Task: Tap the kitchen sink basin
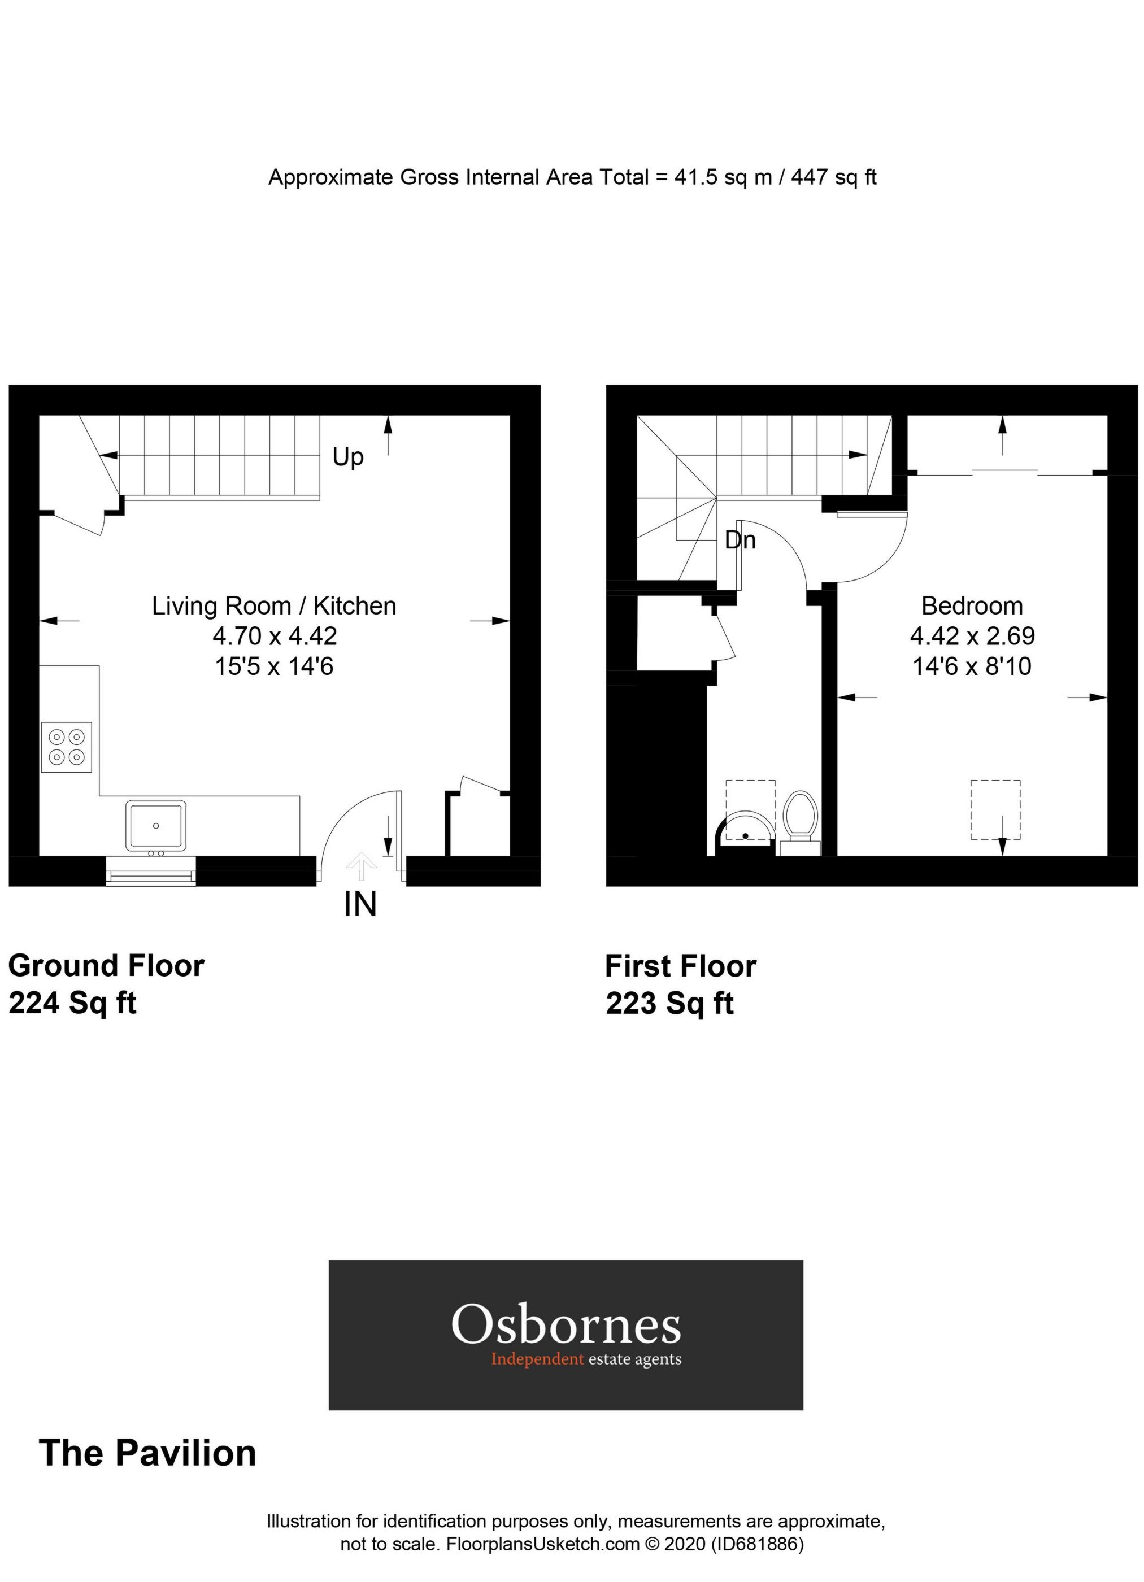coord(155,825)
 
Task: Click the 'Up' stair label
coord(347,457)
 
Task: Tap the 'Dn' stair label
coord(740,540)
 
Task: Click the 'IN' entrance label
coord(360,905)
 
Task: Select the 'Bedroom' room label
coord(972,605)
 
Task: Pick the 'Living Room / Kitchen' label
coord(274,605)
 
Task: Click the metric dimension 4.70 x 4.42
coord(275,635)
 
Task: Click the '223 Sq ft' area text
coord(669,1004)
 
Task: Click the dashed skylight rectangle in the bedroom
coord(995,810)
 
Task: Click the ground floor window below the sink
coord(151,871)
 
